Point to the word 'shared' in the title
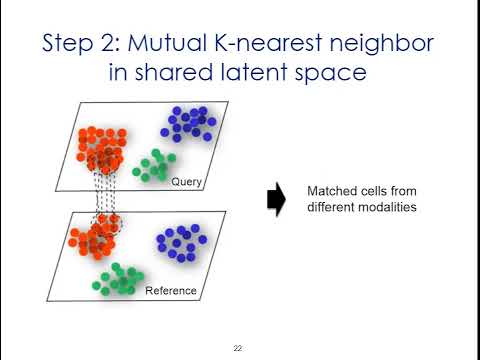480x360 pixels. point(184,75)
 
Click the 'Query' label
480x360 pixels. point(187,182)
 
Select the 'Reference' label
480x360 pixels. point(171,291)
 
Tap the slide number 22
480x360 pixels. point(238,348)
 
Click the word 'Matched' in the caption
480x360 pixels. point(327,191)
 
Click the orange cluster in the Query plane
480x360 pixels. point(99,148)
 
